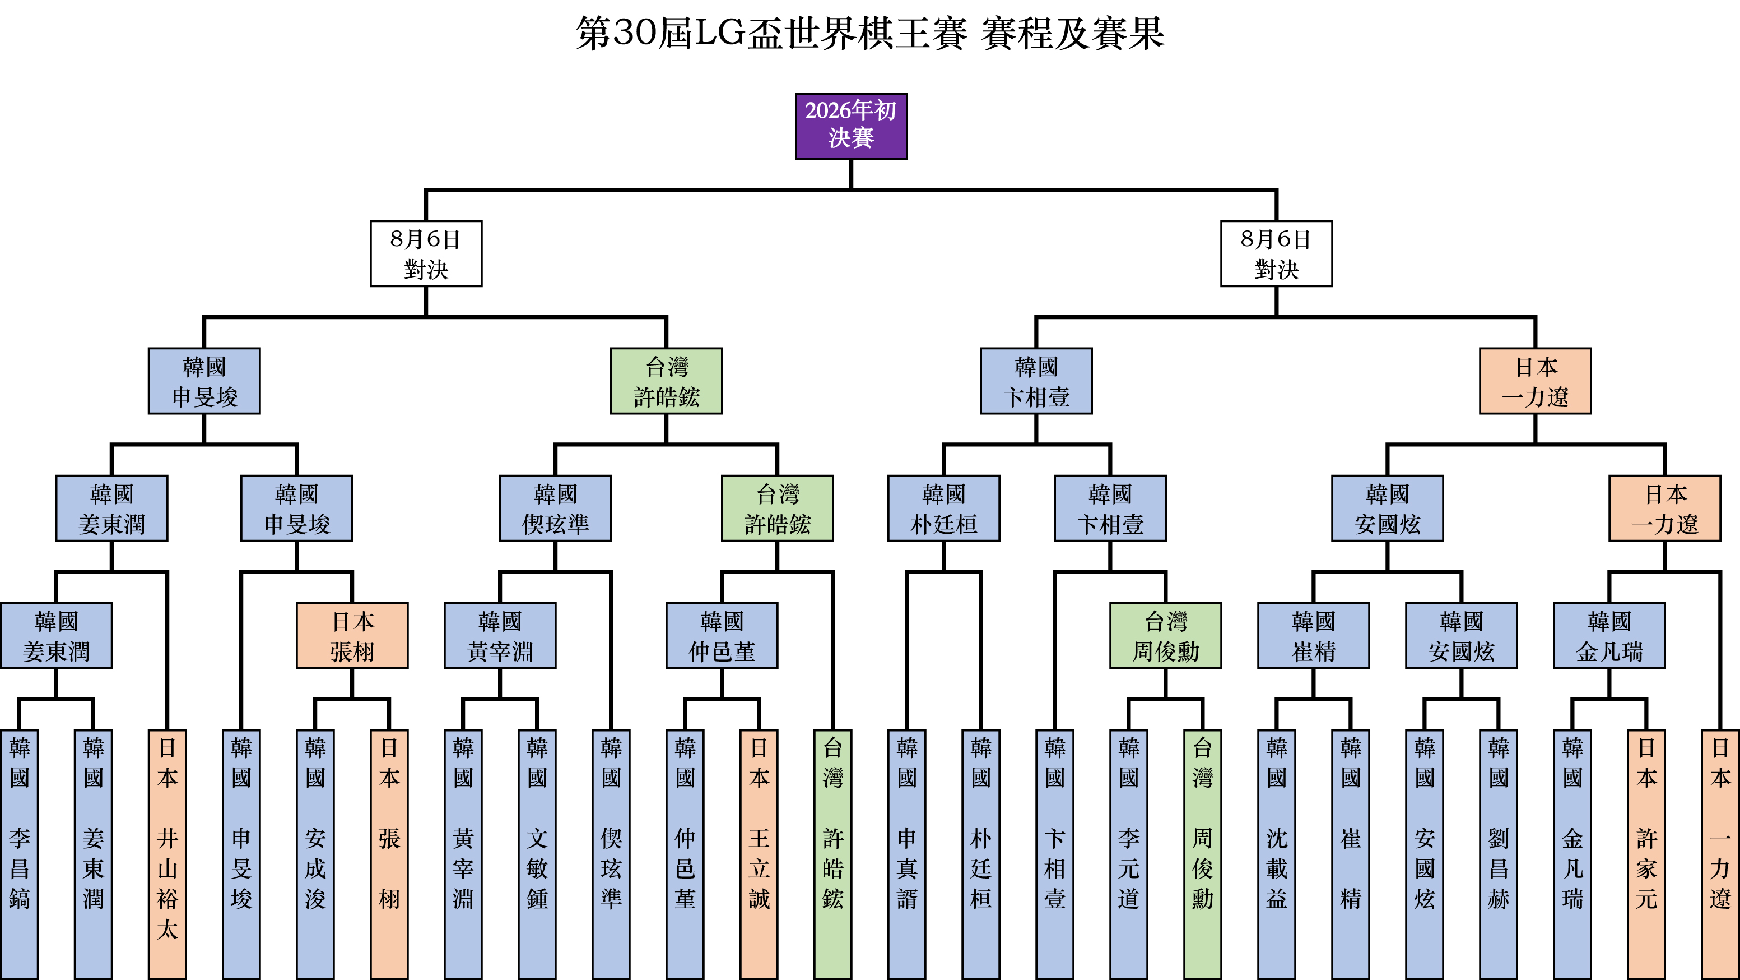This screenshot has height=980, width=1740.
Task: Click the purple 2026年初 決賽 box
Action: point(850,126)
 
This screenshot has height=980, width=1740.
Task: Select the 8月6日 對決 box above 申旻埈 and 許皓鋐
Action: point(426,253)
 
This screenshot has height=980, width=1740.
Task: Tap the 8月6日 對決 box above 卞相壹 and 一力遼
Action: point(1276,253)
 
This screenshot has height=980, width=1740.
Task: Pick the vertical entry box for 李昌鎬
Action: point(20,854)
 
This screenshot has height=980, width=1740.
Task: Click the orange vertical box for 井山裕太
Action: point(168,854)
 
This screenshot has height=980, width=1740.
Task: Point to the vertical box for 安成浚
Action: point(315,854)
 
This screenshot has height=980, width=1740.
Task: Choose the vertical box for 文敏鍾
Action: point(537,854)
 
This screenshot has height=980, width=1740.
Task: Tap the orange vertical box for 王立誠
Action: point(759,854)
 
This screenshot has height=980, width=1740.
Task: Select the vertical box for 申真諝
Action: point(906,854)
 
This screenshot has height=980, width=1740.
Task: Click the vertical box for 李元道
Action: point(1128,854)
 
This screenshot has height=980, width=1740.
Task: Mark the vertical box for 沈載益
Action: point(1276,854)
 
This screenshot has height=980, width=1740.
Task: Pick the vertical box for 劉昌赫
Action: point(1498,854)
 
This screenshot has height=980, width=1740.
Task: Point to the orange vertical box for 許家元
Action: point(1646,854)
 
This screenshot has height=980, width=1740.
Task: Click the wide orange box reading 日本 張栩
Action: point(352,635)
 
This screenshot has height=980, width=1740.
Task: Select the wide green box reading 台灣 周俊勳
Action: point(1165,635)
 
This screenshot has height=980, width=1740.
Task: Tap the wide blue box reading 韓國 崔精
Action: point(1313,635)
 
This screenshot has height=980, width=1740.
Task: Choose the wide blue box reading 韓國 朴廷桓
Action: point(943,509)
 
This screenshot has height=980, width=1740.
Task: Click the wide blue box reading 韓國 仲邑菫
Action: point(722,635)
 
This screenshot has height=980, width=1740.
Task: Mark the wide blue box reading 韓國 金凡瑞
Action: point(1609,635)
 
